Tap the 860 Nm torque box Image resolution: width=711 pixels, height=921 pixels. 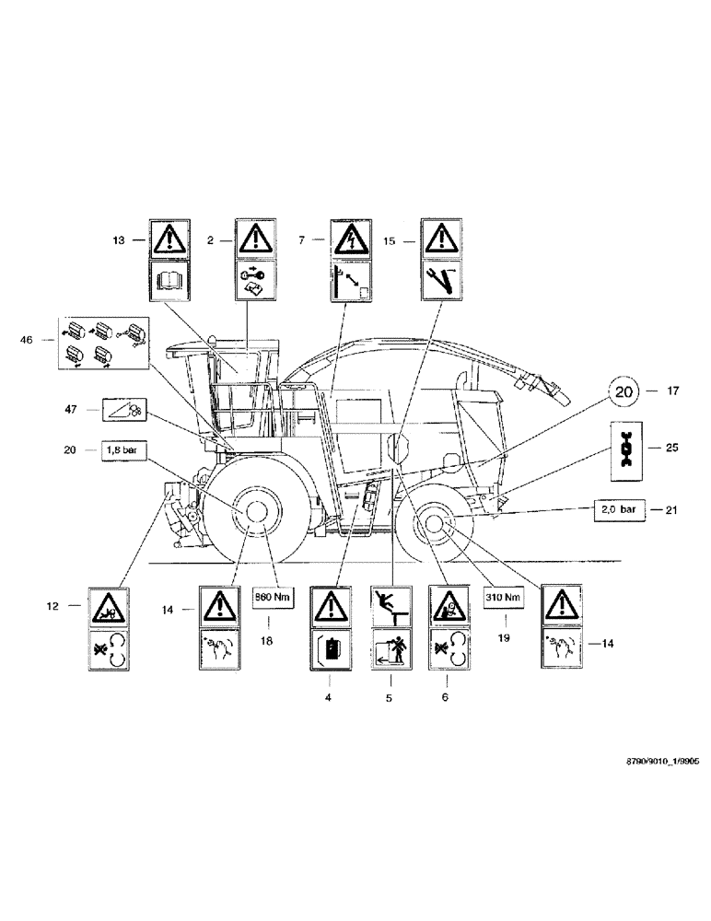pos(274,598)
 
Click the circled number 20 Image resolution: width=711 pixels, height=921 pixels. pos(625,391)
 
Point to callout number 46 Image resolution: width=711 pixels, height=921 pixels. pos(38,340)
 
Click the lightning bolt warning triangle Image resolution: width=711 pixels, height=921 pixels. pos(350,239)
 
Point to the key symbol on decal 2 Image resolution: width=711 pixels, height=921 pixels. pos(256,272)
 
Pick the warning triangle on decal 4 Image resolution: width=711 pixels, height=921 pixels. pos(330,608)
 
